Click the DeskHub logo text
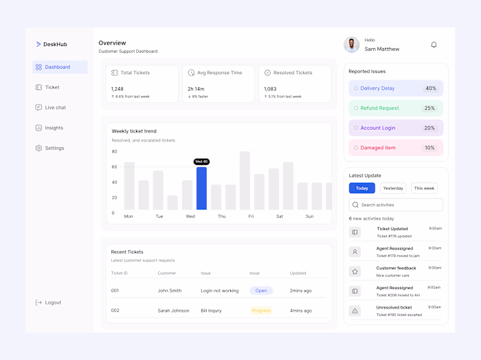pyautogui.click(x=55, y=45)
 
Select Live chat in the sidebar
pyautogui.click(x=55, y=108)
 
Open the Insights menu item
pyautogui.click(x=54, y=128)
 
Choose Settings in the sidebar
pyautogui.click(x=54, y=148)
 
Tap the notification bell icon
pyautogui.click(x=434, y=45)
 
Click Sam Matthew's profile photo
pyautogui.click(x=352, y=45)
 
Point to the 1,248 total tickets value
pyautogui.click(x=118, y=89)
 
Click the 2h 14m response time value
pyautogui.click(x=196, y=89)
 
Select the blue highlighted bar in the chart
pyautogui.click(x=201, y=188)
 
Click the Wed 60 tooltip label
pyautogui.click(x=201, y=161)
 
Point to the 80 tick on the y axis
pyautogui.click(x=114, y=151)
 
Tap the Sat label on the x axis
pyautogui.click(x=280, y=216)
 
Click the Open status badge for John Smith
pyautogui.click(x=261, y=291)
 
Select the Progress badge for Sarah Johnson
pyautogui.click(x=261, y=311)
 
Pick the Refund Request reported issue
pyautogui.click(x=379, y=108)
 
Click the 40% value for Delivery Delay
pyautogui.click(x=430, y=89)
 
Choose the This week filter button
pyautogui.click(x=424, y=188)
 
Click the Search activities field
pyautogui.click(x=396, y=205)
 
